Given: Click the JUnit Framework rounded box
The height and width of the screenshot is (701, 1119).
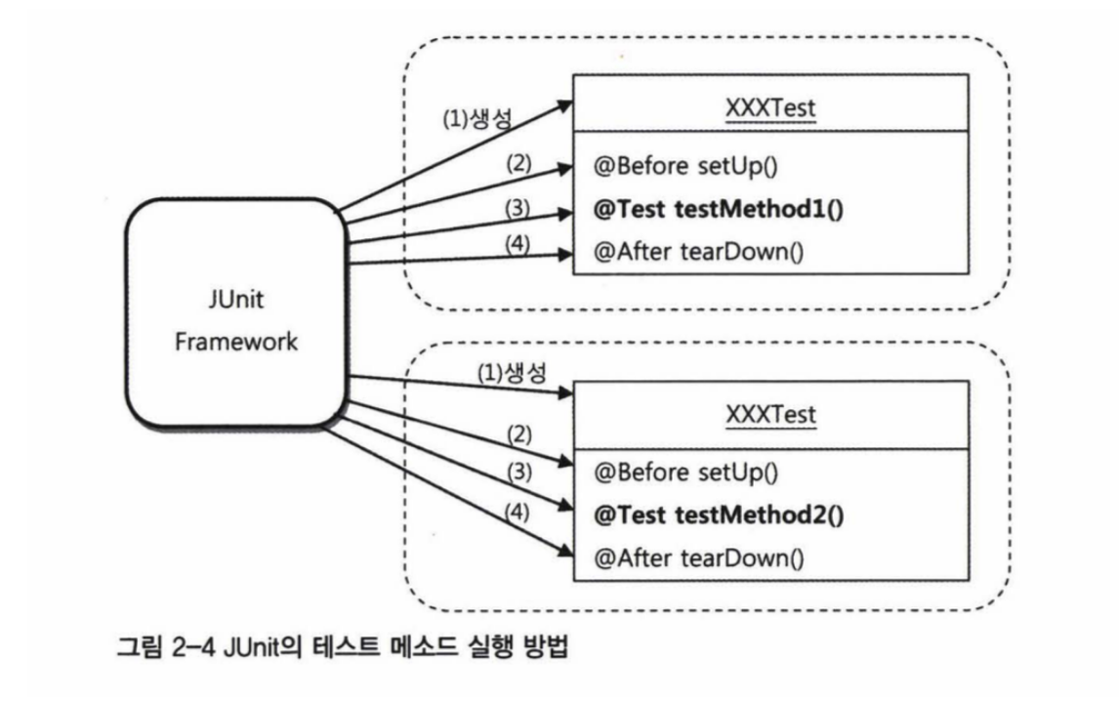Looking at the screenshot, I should [236, 311].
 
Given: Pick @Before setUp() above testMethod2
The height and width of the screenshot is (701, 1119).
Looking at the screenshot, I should [685, 474].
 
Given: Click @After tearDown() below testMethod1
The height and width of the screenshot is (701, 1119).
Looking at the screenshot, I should [698, 254].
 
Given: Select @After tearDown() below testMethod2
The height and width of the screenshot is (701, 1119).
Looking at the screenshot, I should [698, 558].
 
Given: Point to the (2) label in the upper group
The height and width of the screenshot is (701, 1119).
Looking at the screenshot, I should [518, 163].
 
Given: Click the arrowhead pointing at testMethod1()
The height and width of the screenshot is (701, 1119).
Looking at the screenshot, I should [562, 213].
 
